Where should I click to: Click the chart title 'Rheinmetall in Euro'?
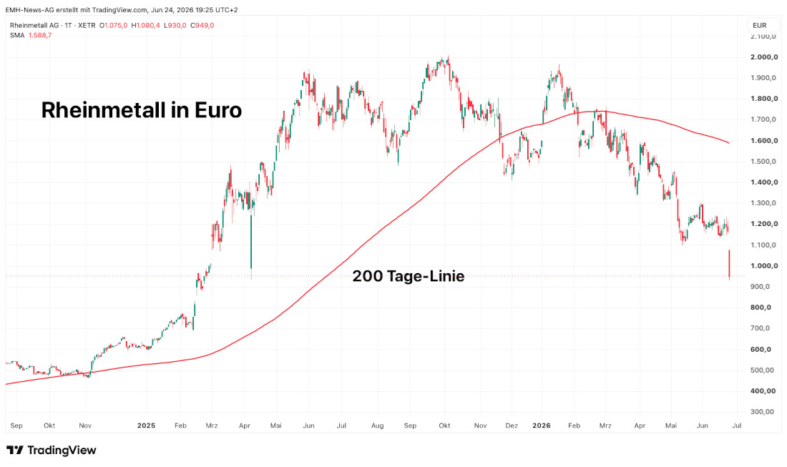(x=142, y=110)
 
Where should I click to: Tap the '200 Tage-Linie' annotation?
(x=408, y=276)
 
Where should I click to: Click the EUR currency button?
(x=759, y=26)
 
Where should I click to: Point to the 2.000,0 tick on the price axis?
(x=764, y=57)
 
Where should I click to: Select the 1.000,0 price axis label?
(x=764, y=266)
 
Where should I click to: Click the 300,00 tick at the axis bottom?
(x=763, y=412)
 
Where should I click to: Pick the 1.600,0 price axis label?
(x=764, y=140)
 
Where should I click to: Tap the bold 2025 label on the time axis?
(x=146, y=426)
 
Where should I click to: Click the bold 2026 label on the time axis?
(x=542, y=426)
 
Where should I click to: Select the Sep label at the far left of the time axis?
(x=16, y=426)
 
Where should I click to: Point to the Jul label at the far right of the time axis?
(x=737, y=426)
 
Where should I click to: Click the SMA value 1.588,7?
(x=39, y=36)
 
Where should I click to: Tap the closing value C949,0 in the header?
(x=202, y=26)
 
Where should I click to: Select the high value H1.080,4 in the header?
(x=145, y=26)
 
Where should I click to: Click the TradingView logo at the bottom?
(x=52, y=450)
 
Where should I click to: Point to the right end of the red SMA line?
(x=729, y=143)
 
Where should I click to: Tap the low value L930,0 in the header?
(x=175, y=26)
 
